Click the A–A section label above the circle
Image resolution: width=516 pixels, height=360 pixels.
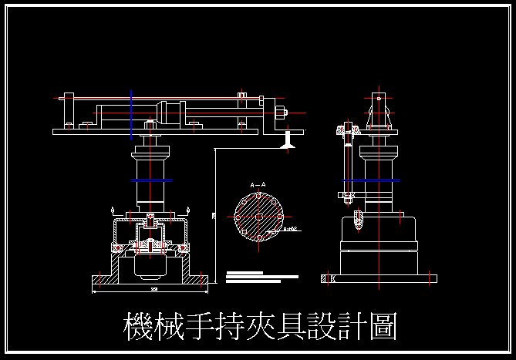tap(258, 185)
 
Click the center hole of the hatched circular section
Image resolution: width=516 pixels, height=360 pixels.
tap(258, 217)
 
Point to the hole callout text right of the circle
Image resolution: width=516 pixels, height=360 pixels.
tap(290, 229)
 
